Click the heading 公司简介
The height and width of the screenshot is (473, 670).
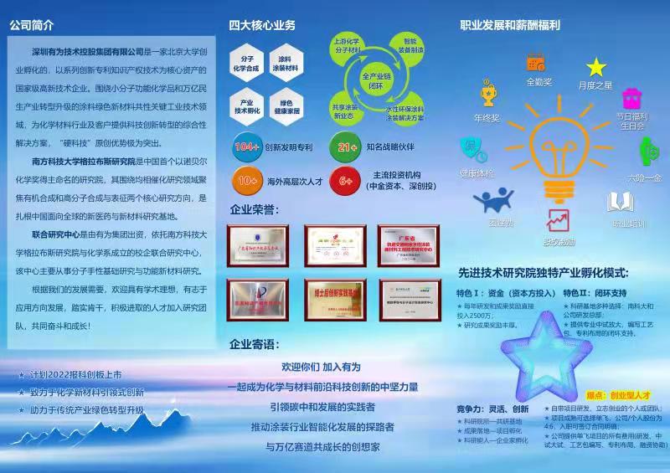point(33,25)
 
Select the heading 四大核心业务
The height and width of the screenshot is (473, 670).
point(261,25)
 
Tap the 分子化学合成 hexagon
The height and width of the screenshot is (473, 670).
point(247,64)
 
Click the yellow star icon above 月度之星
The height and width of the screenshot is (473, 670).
point(595,67)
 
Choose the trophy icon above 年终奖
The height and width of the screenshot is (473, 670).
point(487,93)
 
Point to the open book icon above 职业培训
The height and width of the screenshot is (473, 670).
point(620,202)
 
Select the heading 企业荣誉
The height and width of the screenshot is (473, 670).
point(255,209)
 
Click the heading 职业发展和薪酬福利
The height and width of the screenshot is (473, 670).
point(510,25)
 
